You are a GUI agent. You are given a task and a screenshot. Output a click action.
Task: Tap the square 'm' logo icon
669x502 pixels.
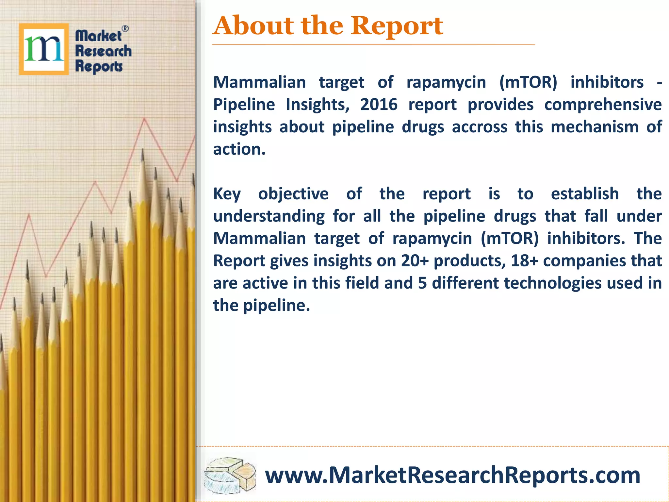click(44, 49)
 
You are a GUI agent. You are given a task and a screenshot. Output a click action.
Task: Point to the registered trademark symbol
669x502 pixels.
click(125, 29)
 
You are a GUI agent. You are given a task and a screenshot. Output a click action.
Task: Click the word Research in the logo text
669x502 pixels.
click(103, 51)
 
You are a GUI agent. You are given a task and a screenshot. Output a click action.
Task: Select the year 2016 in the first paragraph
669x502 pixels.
click(379, 105)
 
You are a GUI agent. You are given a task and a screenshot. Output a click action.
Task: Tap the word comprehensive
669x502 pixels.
click(603, 105)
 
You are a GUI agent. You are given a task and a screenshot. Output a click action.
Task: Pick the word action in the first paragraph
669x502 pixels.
click(239, 149)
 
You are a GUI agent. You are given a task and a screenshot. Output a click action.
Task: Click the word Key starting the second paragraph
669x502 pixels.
click(227, 194)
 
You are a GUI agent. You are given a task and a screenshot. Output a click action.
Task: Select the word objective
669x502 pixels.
click(293, 194)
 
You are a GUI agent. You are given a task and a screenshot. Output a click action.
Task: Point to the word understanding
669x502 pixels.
click(269, 216)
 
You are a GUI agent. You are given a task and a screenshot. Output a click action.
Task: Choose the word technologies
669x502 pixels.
click(552, 283)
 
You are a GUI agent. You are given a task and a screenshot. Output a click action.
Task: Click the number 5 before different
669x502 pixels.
click(422, 283)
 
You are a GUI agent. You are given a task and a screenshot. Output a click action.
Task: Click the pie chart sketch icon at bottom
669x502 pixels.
click(230, 476)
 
